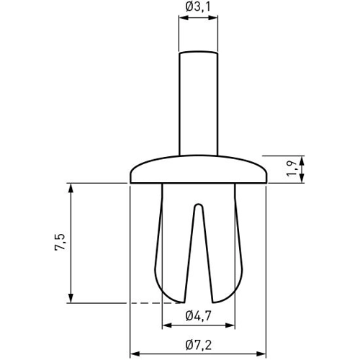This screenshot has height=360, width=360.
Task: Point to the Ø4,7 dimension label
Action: (x=198, y=315)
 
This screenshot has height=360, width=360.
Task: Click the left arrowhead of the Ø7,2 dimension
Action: (x=135, y=354)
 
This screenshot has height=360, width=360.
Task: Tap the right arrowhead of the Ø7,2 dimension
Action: (x=261, y=354)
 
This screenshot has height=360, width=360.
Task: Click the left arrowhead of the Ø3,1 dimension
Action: (x=182, y=22)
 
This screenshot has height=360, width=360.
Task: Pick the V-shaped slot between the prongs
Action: (x=198, y=245)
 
